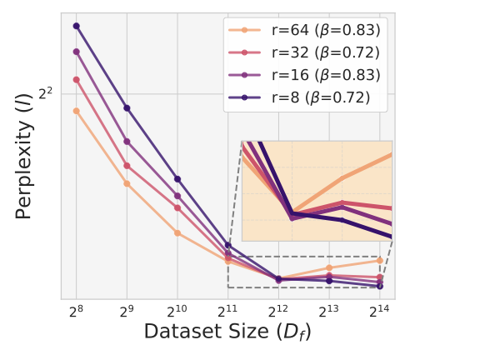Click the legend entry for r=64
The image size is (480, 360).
pos(305,30)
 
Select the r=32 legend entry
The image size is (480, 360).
pos(305,52)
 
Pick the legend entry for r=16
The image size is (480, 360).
pos(305,75)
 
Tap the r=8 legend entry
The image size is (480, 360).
pos(305,97)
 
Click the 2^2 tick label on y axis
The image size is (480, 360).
pos(46,94)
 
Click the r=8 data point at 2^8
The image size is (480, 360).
pos(76,26)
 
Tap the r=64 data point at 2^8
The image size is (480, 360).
pos(76,111)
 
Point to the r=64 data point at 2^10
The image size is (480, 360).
pos(177,232)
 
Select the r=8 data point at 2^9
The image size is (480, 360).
pos(127,107)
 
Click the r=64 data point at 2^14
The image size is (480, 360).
pos(380,260)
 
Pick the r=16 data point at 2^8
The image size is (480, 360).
pos(76,52)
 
